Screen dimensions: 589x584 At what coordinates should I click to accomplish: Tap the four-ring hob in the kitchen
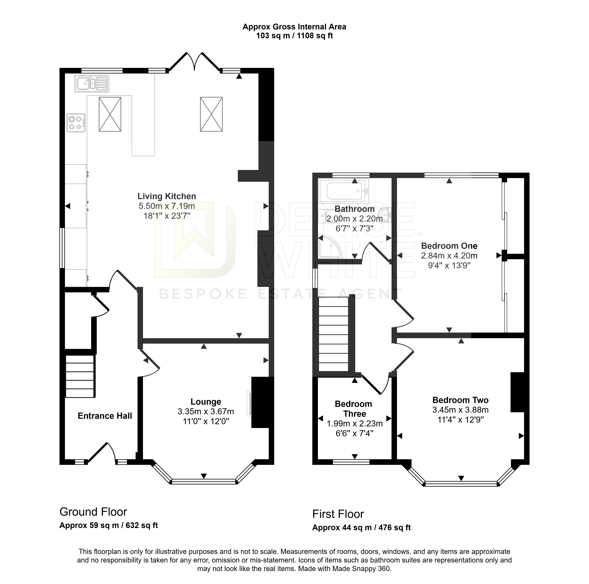[x=76, y=123]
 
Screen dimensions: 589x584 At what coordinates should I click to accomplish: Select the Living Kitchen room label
[x=167, y=196]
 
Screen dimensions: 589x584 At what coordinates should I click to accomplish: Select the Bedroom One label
[x=449, y=246]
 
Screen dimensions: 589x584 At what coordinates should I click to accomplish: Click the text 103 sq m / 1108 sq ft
[x=294, y=36]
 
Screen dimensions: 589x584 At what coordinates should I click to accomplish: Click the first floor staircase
[x=334, y=334]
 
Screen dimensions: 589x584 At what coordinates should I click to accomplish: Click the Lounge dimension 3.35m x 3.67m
[x=206, y=411]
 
